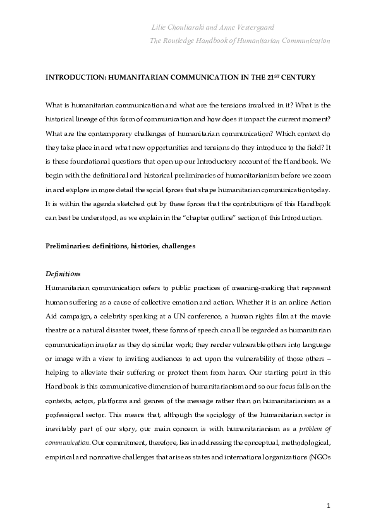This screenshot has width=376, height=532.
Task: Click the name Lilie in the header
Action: [161, 28]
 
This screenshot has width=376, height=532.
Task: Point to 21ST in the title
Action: [282, 76]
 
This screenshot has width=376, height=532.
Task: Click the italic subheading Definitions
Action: [63, 274]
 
